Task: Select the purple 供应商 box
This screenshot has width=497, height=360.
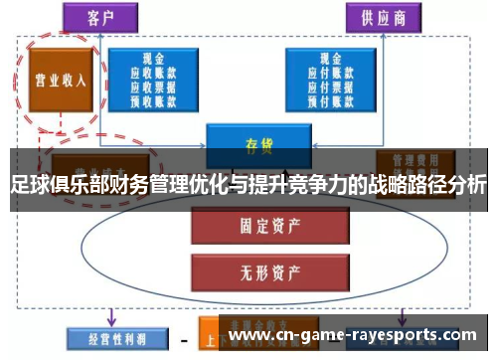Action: click(x=383, y=17)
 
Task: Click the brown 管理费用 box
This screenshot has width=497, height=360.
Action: click(x=414, y=161)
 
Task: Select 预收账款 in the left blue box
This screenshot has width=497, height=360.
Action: click(x=154, y=98)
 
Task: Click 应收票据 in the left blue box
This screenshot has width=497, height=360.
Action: click(x=154, y=86)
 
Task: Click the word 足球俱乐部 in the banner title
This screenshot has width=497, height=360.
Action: click(x=50, y=185)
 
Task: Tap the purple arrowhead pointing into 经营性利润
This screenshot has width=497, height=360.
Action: click(x=112, y=320)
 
